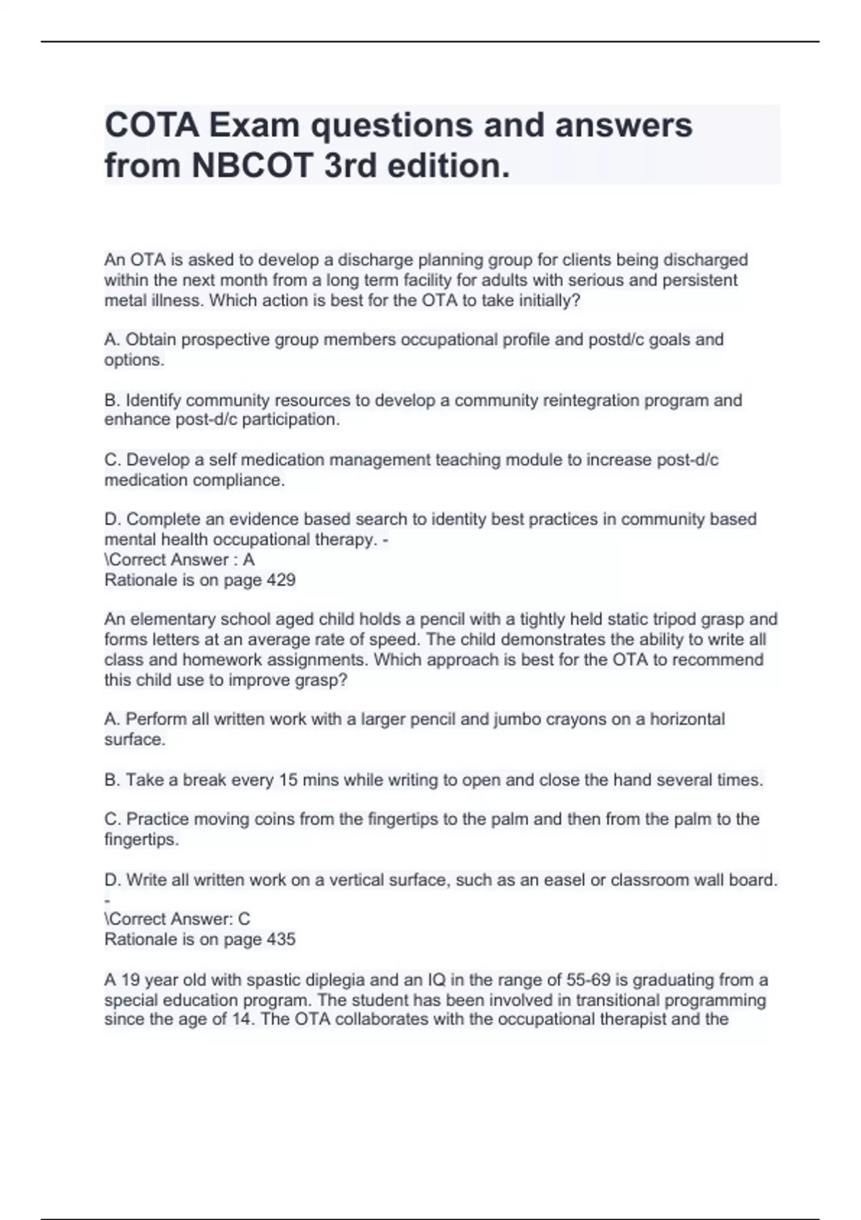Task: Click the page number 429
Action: (281, 580)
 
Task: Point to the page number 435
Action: (281, 939)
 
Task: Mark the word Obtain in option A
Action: (151, 339)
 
